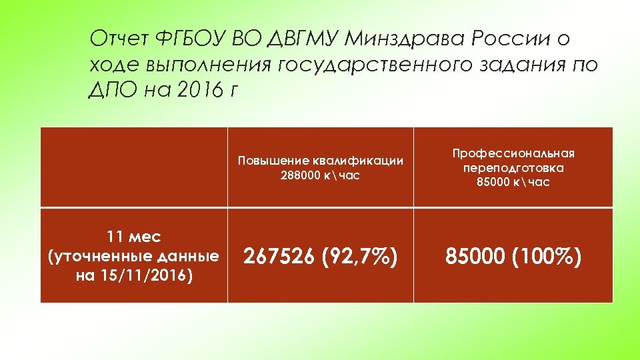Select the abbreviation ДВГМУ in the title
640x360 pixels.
click(305, 39)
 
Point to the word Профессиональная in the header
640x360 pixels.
click(513, 153)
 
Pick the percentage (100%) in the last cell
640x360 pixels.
click(546, 256)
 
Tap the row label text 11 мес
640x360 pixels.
click(133, 237)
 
